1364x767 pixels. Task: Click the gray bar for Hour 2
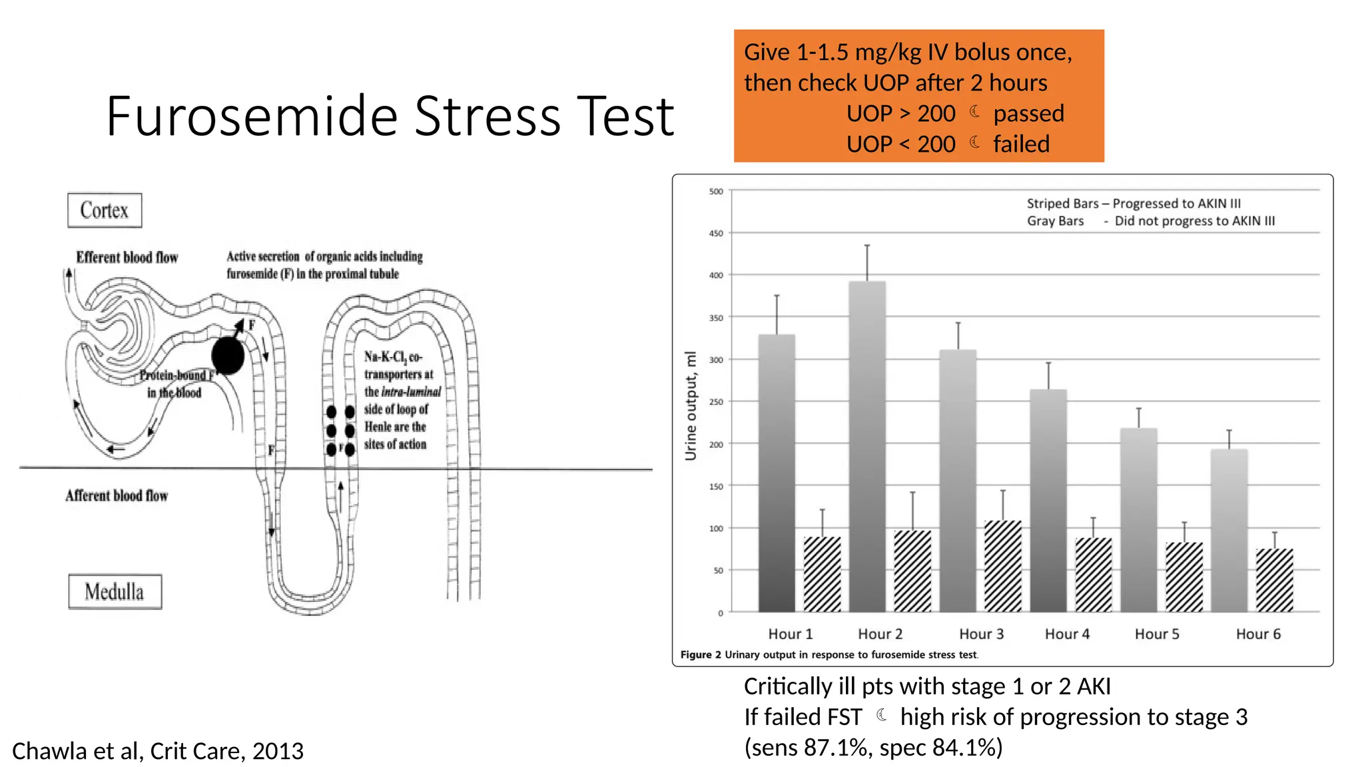pos(867,446)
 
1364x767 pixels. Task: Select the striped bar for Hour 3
pos(1002,566)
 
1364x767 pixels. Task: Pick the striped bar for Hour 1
pos(822,574)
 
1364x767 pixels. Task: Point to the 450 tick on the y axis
pos(716,234)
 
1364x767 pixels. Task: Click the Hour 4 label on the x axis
pos(1067,634)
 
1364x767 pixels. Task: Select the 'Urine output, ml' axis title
pos(691,405)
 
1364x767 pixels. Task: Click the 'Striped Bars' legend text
pos(1062,204)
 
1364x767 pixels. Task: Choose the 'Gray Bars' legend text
pos(1055,221)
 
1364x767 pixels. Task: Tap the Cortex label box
pos(105,210)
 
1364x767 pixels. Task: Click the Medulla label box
pos(115,592)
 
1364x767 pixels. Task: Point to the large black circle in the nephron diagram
pos(228,356)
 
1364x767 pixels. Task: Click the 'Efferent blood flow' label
pos(127,258)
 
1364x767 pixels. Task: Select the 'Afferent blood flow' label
pos(117,496)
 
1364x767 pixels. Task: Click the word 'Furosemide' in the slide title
pos(252,117)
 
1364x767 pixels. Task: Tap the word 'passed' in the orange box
pos(1028,114)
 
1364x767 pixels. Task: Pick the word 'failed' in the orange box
pos(1021,144)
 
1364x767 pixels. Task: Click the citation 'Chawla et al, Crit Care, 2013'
pos(158,751)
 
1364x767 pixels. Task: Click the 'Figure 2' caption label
pos(700,655)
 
